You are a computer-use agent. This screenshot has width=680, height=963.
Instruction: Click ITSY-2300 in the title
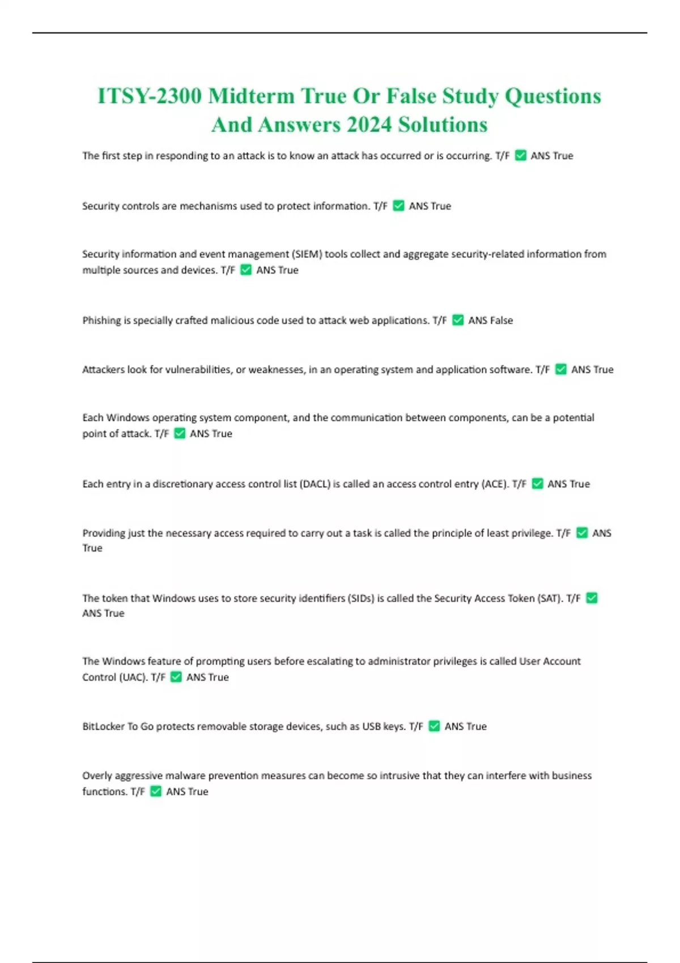149,96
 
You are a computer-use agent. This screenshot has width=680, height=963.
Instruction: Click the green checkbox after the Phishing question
458,321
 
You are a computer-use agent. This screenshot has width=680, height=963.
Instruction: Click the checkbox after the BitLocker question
434,726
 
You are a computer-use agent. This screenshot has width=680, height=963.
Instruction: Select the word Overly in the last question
97,776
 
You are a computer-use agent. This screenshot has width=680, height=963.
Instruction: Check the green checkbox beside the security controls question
398,206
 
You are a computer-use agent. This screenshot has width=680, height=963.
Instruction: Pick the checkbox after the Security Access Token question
592,598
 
